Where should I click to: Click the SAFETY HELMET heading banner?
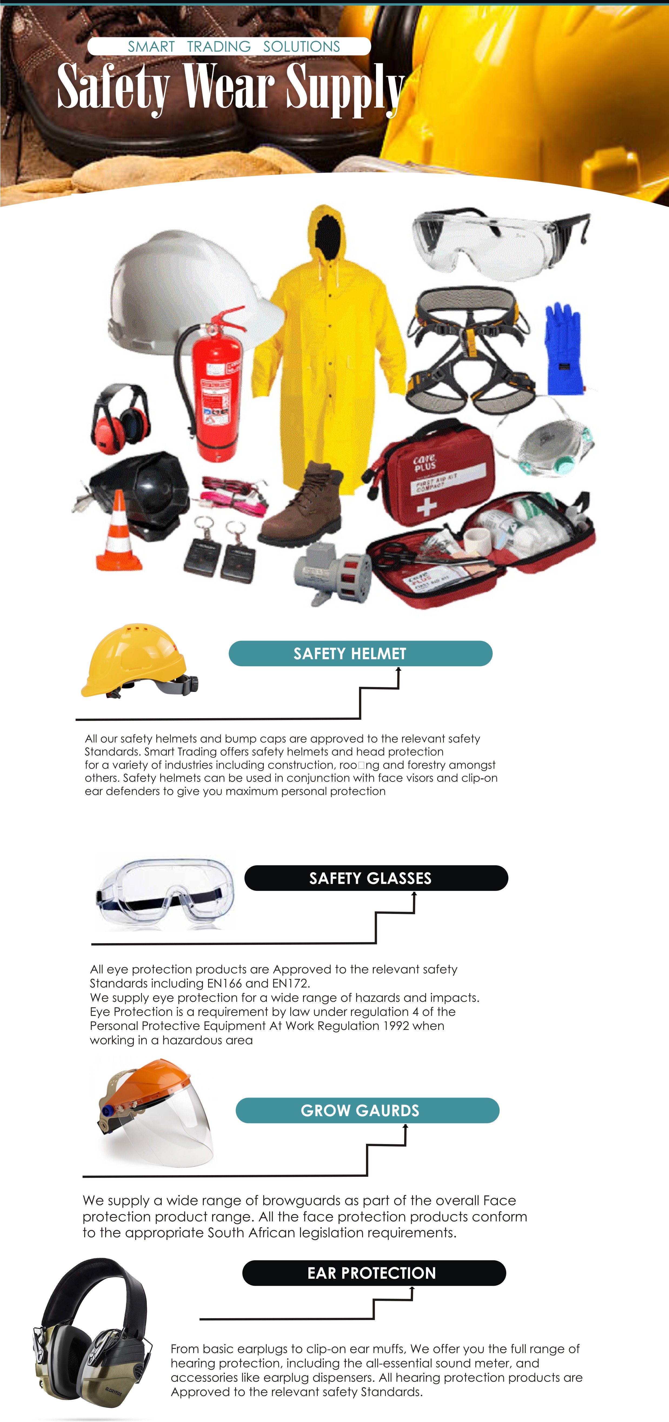pos(360,654)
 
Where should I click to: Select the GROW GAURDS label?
pos(367,1110)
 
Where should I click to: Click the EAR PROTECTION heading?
pos(374,1273)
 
